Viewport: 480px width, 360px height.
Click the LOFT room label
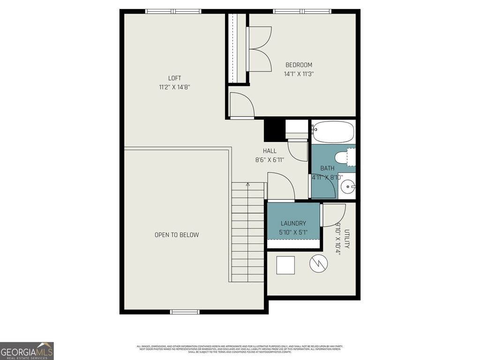[174, 78]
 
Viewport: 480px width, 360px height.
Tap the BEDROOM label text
[299, 65]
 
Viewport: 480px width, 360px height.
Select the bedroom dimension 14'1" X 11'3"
[299, 74]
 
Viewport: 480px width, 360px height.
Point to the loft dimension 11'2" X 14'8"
[174, 87]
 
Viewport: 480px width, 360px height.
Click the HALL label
[270, 151]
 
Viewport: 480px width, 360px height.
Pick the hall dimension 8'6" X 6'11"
[270, 160]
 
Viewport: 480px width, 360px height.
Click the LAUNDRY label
[293, 224]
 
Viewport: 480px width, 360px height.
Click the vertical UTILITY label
[347, 239]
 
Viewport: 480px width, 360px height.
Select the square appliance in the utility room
[285, 265]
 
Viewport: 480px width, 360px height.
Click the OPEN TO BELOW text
[177, 235]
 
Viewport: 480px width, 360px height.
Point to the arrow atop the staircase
[248, 186]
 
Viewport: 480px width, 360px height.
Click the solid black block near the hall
[274, 130]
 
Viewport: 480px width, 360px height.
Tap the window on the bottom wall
[185, 312]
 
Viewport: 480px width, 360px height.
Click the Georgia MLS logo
[27, 351]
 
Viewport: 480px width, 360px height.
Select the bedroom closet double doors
[259, 48]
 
